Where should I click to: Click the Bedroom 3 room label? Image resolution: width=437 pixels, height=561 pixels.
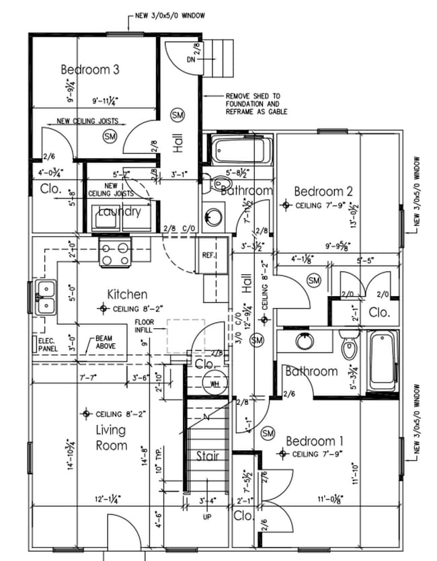[90, 69]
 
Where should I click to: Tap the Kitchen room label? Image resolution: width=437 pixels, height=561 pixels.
[128, 294]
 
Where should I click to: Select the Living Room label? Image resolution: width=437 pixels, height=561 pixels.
[112, 437]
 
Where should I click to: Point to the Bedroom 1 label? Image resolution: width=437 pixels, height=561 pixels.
[315, 441]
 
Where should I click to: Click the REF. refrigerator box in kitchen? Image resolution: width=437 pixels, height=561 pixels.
[208, 256]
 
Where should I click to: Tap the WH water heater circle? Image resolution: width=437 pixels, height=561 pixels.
[215, 384]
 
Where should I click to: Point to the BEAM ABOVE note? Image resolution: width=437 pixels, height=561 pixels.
[105, 342]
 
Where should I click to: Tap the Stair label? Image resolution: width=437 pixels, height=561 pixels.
[208, 456]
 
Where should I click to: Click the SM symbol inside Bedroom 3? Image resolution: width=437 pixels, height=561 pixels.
[110, 137]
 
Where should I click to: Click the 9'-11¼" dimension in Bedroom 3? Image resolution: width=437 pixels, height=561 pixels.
[106, 102]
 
